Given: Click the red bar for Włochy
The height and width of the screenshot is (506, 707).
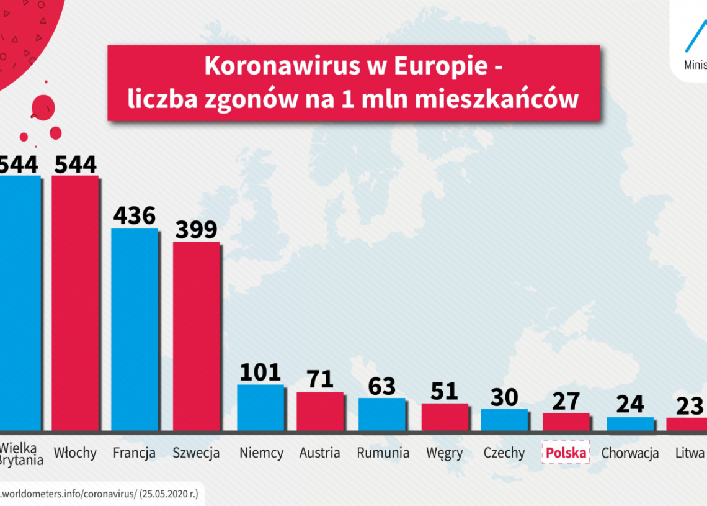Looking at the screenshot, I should (x=74, y=303).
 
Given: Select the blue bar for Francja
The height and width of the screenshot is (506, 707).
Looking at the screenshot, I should (x=135, y=329).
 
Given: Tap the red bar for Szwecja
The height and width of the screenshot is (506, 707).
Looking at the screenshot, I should (x=196, y=336).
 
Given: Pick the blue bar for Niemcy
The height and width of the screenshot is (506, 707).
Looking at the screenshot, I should (x=260, y=407).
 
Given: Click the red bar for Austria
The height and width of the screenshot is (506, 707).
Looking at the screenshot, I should (x=320, y=411).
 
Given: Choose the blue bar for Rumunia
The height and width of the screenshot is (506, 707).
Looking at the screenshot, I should (x=382, y=414).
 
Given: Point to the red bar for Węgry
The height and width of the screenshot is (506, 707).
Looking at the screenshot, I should (x=445, y=417).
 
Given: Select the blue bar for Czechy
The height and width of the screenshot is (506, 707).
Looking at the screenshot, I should (x=504, y=420).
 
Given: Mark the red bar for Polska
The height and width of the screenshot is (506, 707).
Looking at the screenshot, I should (x=566, y=422).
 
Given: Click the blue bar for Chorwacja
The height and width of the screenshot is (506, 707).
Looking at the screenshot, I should (x=630, y=423).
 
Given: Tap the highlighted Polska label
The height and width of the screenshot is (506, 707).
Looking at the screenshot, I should (x=566, y=453).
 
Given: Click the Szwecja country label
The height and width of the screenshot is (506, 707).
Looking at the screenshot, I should (x=196, y=453).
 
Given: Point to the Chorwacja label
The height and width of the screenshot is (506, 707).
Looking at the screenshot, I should (x=630, y=453).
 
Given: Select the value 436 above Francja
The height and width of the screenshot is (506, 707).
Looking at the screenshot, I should (x=135, y=215).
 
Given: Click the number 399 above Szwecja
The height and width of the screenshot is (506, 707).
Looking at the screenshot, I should (x=196, y=229).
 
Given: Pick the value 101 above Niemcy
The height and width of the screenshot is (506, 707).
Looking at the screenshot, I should (x=260, y=372).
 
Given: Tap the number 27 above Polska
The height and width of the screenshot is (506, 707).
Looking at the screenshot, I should (x=566, y=400).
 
